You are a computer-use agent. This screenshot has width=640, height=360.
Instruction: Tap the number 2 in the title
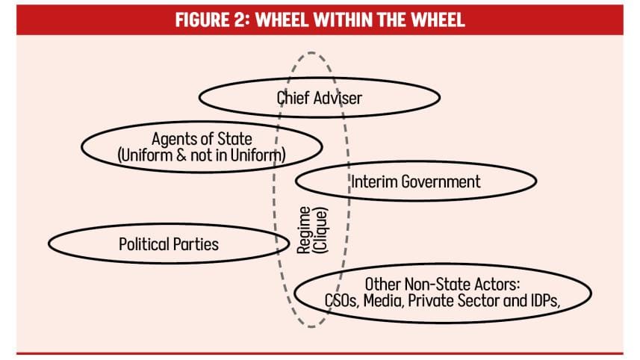click(x=239, y=19)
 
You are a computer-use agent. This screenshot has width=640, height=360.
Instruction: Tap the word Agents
click(x=174, y=139)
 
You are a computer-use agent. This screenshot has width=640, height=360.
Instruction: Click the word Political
click(x=145, y=244)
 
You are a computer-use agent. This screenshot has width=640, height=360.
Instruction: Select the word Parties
click(x=196, y=244)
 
